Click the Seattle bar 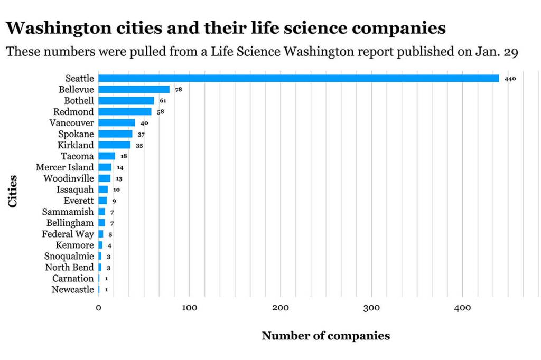coord(299,78)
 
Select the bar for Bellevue coord(134,89)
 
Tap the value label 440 coord(510,79)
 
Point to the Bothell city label coord(79,100)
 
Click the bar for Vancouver coord(117,122)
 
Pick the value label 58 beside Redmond coord(161,112)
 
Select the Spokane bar coord(115,134)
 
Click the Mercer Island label coord(64,167)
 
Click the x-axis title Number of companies coord(325,336)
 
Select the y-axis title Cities coord(13,191)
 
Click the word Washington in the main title coord(60,28)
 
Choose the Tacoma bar coord(107,156)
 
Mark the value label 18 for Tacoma coord(124,157)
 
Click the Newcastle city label coord(72,289)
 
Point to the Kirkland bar coord(114,145)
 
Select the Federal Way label coord(68,234)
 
